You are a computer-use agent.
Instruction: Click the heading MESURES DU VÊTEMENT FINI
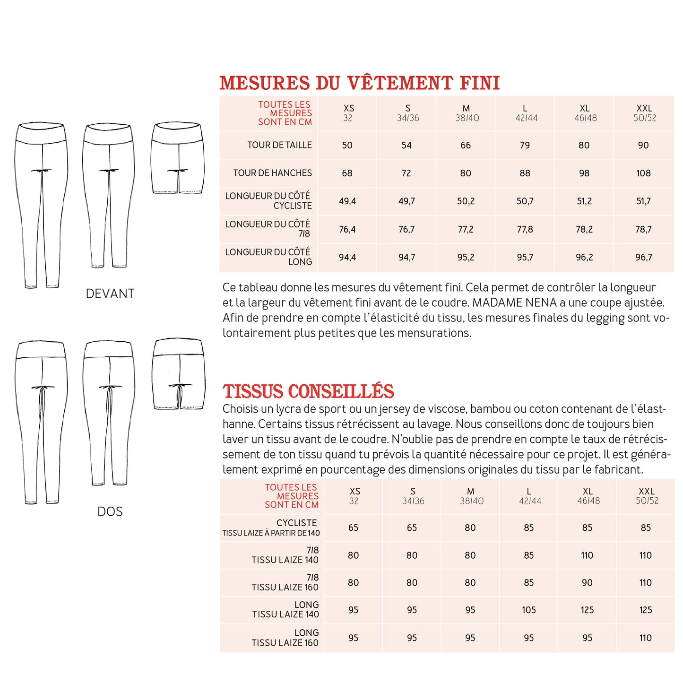[359, 83]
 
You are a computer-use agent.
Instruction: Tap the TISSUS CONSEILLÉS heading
[308, 392]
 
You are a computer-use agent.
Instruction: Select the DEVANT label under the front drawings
[110, 294]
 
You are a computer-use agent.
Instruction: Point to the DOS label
[110, 511]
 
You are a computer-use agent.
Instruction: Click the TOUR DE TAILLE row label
[279, 145]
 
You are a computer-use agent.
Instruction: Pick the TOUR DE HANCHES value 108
[643, 173]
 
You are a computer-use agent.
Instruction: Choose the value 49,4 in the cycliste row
[347, 201]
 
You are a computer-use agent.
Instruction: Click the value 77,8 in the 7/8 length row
[525, 229]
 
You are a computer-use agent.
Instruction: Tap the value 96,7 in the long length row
[643, 258]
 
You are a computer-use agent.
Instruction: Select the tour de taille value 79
[525, 145]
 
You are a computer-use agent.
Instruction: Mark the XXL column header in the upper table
[644, 113]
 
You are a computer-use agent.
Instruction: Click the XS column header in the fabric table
[354, 496]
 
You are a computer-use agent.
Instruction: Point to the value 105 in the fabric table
[529, 610]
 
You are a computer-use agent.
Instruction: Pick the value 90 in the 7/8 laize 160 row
[587, 583]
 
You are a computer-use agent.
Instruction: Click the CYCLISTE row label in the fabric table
[296, 523]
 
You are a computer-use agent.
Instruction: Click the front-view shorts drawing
[178, 158]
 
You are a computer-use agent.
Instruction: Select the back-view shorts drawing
[179, 374]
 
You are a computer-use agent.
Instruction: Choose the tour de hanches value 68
[347, 173]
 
